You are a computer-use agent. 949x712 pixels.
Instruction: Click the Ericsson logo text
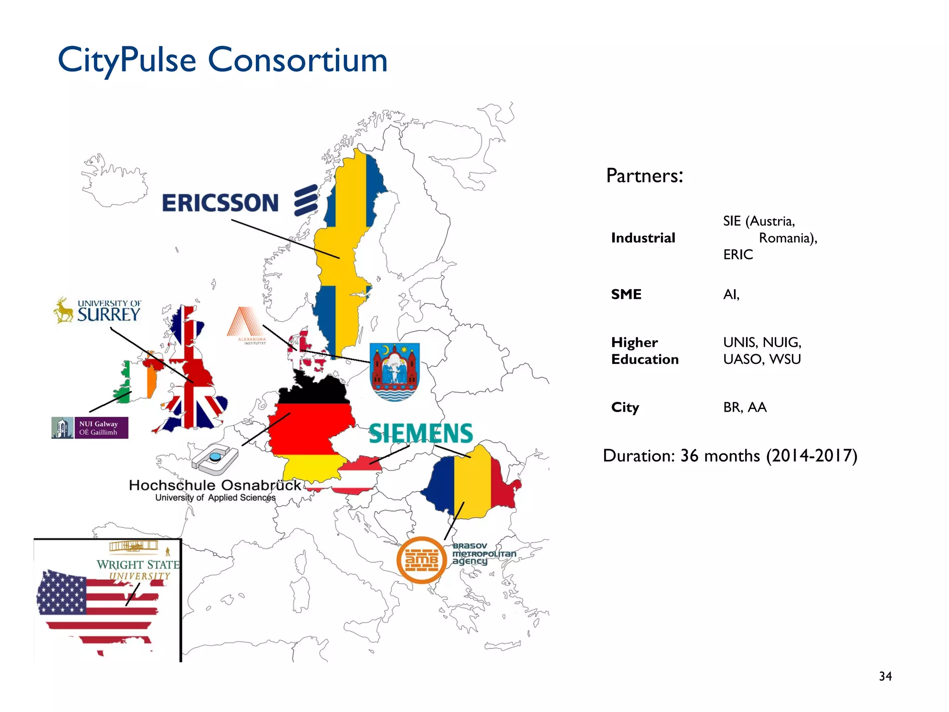[221, 203]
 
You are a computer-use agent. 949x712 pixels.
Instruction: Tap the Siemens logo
[421, 434]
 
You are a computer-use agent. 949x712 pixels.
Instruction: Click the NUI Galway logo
[90, 428]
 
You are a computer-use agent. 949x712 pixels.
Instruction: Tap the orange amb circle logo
[421, 560]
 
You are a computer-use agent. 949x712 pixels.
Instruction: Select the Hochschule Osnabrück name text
[215, 485]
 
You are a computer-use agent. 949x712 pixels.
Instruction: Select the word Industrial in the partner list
[643, 238]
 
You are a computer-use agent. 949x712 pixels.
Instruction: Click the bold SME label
[626, 294]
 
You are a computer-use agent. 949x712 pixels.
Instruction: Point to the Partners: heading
[645, 176]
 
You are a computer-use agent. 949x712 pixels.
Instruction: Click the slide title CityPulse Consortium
[222, 60]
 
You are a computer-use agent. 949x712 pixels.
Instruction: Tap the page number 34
[885, 676]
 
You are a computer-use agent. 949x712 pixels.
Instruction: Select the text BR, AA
[745, 407]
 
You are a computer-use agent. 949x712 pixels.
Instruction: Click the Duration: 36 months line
[730, 456]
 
